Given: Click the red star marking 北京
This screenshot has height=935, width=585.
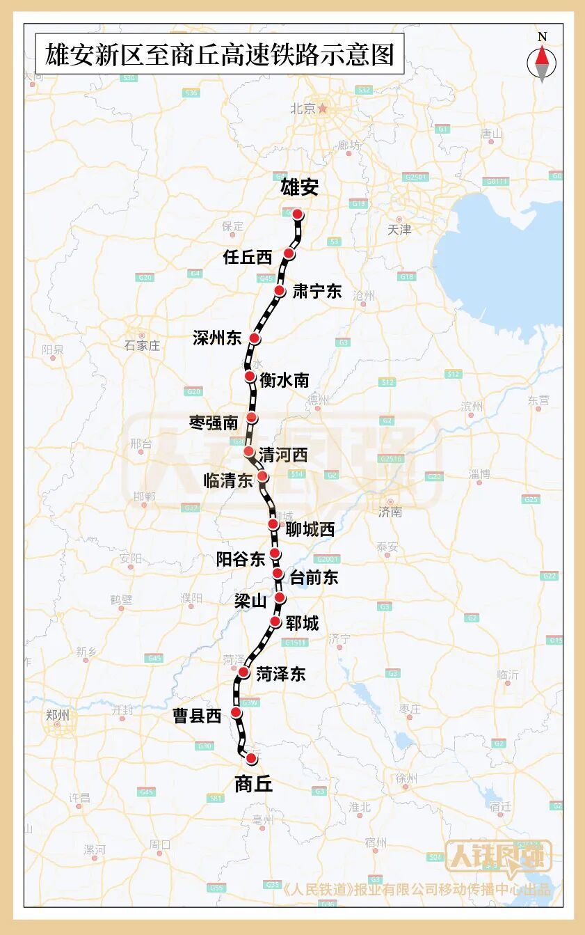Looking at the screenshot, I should click(323, 109).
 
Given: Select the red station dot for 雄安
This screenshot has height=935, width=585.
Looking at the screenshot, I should click(298, 214).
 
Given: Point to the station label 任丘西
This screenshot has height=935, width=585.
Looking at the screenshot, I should click(248, 257).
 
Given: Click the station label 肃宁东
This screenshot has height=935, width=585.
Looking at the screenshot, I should click(317, 292).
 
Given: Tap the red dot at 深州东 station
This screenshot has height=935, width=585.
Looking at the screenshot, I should click(255, 338).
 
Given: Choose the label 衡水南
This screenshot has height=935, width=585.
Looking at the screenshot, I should click(284, 380).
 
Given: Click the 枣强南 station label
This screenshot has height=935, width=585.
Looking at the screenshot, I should click(214, 422).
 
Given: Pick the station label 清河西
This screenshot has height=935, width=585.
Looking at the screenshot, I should click(283, 455).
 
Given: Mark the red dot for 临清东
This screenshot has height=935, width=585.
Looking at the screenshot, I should click(262, 476).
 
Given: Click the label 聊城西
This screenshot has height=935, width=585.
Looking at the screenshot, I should click(310, 530).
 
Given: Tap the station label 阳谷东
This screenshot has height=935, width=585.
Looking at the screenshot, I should click(241, 558).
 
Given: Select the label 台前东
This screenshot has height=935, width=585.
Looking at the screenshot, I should click(314, 576).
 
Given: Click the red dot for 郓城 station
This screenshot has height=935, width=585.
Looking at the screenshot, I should click(275, 622).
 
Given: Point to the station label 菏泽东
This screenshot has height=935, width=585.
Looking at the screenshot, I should click(280, 674).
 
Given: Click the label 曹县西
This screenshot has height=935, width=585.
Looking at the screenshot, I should click(197, 715).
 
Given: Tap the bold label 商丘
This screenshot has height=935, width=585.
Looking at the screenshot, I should click(254, 784).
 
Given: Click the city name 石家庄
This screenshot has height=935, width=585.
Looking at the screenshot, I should click(142, 345).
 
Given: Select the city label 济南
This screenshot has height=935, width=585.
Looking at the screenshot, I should click(390, 512).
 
